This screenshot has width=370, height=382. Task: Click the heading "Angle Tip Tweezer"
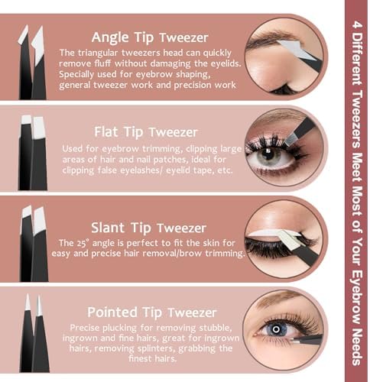150,37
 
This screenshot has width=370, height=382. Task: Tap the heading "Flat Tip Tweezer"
146,132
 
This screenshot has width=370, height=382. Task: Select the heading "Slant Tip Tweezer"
149,228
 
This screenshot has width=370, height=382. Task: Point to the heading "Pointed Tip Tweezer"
152,312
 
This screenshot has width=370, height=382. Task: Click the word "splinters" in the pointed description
156,348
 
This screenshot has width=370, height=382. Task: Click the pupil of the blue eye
276,329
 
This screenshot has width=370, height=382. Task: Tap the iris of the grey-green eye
269,154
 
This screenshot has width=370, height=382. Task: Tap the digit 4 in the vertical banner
357,25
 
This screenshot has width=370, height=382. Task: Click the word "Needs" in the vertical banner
357,347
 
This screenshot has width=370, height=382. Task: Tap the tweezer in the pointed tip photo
307,339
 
